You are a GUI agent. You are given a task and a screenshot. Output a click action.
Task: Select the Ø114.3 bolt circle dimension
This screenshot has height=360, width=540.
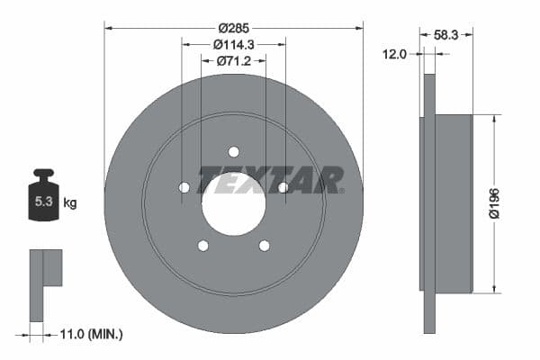(233, 43)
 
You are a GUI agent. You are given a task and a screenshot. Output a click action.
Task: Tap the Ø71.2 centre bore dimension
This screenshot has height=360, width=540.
(233, 62)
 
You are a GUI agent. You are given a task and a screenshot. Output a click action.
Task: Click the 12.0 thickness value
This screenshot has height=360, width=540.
(395, 55)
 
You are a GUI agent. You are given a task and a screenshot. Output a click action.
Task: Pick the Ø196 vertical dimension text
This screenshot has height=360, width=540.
(493, 202)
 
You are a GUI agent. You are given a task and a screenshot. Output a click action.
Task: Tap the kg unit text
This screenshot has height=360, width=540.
(69, 203)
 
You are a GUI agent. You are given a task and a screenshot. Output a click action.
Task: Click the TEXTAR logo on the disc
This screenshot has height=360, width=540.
(271, 180)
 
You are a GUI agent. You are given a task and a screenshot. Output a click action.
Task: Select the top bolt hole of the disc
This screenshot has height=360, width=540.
(233, 151)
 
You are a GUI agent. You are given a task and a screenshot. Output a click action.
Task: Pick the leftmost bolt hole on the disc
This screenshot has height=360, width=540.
(184, 187)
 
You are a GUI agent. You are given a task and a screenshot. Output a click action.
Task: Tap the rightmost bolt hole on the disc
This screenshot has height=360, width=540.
(283, 187)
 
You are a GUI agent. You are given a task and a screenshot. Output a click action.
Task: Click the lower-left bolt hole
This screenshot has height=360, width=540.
(203, 245)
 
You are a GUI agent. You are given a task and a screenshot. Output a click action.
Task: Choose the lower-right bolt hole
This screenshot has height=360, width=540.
(264, 245)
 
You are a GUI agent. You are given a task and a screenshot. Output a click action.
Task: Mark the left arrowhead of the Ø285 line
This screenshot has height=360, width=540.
(109, 27)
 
